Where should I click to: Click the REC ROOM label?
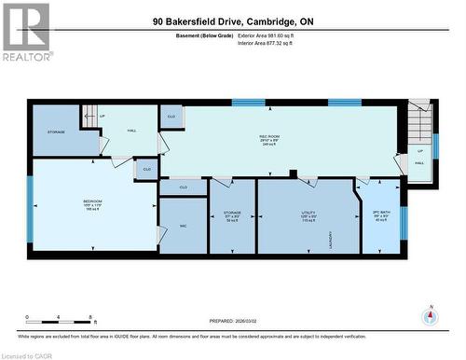[270, 140]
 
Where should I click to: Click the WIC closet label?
[183, 227]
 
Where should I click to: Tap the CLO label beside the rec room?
[171, 116]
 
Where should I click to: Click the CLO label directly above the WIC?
[183, 187]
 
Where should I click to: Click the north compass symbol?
[430, 316]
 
